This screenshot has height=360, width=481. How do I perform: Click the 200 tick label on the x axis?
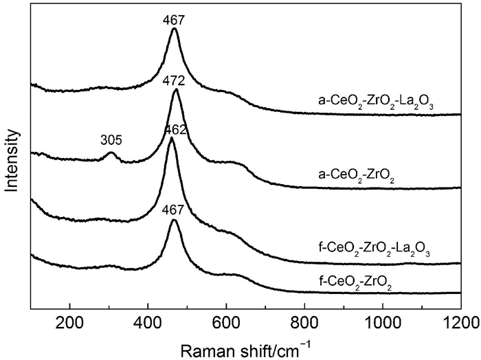[69, 321]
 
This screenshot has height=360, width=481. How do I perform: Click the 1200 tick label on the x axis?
[459, 321]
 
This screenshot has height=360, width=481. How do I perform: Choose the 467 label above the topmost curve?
[175, 20]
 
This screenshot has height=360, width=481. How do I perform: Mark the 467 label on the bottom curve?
[175, 211]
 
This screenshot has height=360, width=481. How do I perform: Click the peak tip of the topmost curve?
[175, 29]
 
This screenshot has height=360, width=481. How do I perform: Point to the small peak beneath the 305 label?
[111, 153]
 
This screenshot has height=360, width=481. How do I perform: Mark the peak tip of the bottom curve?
[175, 221]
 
